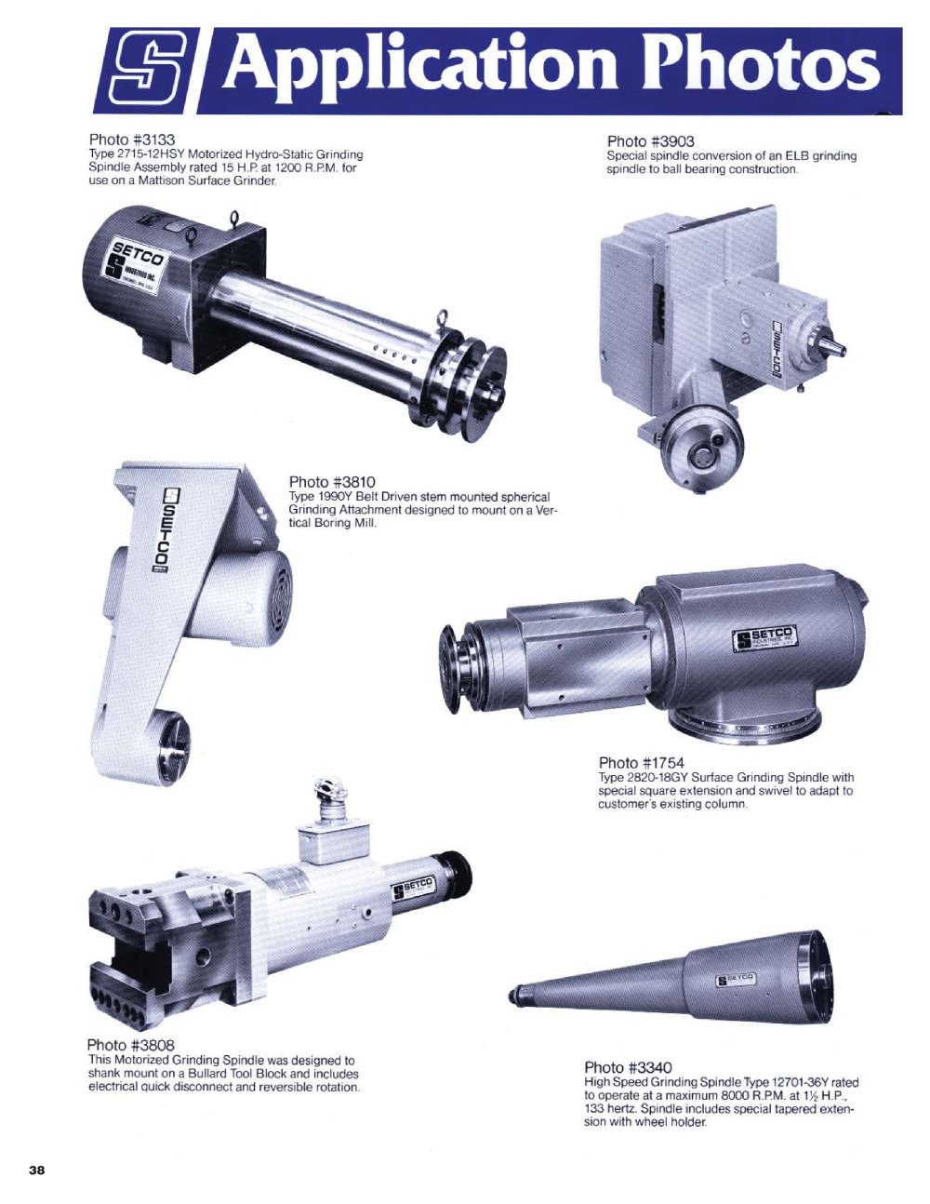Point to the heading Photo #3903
650,141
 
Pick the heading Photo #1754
642,763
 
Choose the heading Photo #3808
131,1045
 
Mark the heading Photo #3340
629,1067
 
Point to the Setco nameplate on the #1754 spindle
765,639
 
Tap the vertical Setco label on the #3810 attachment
164,530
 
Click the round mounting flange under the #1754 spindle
745,725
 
